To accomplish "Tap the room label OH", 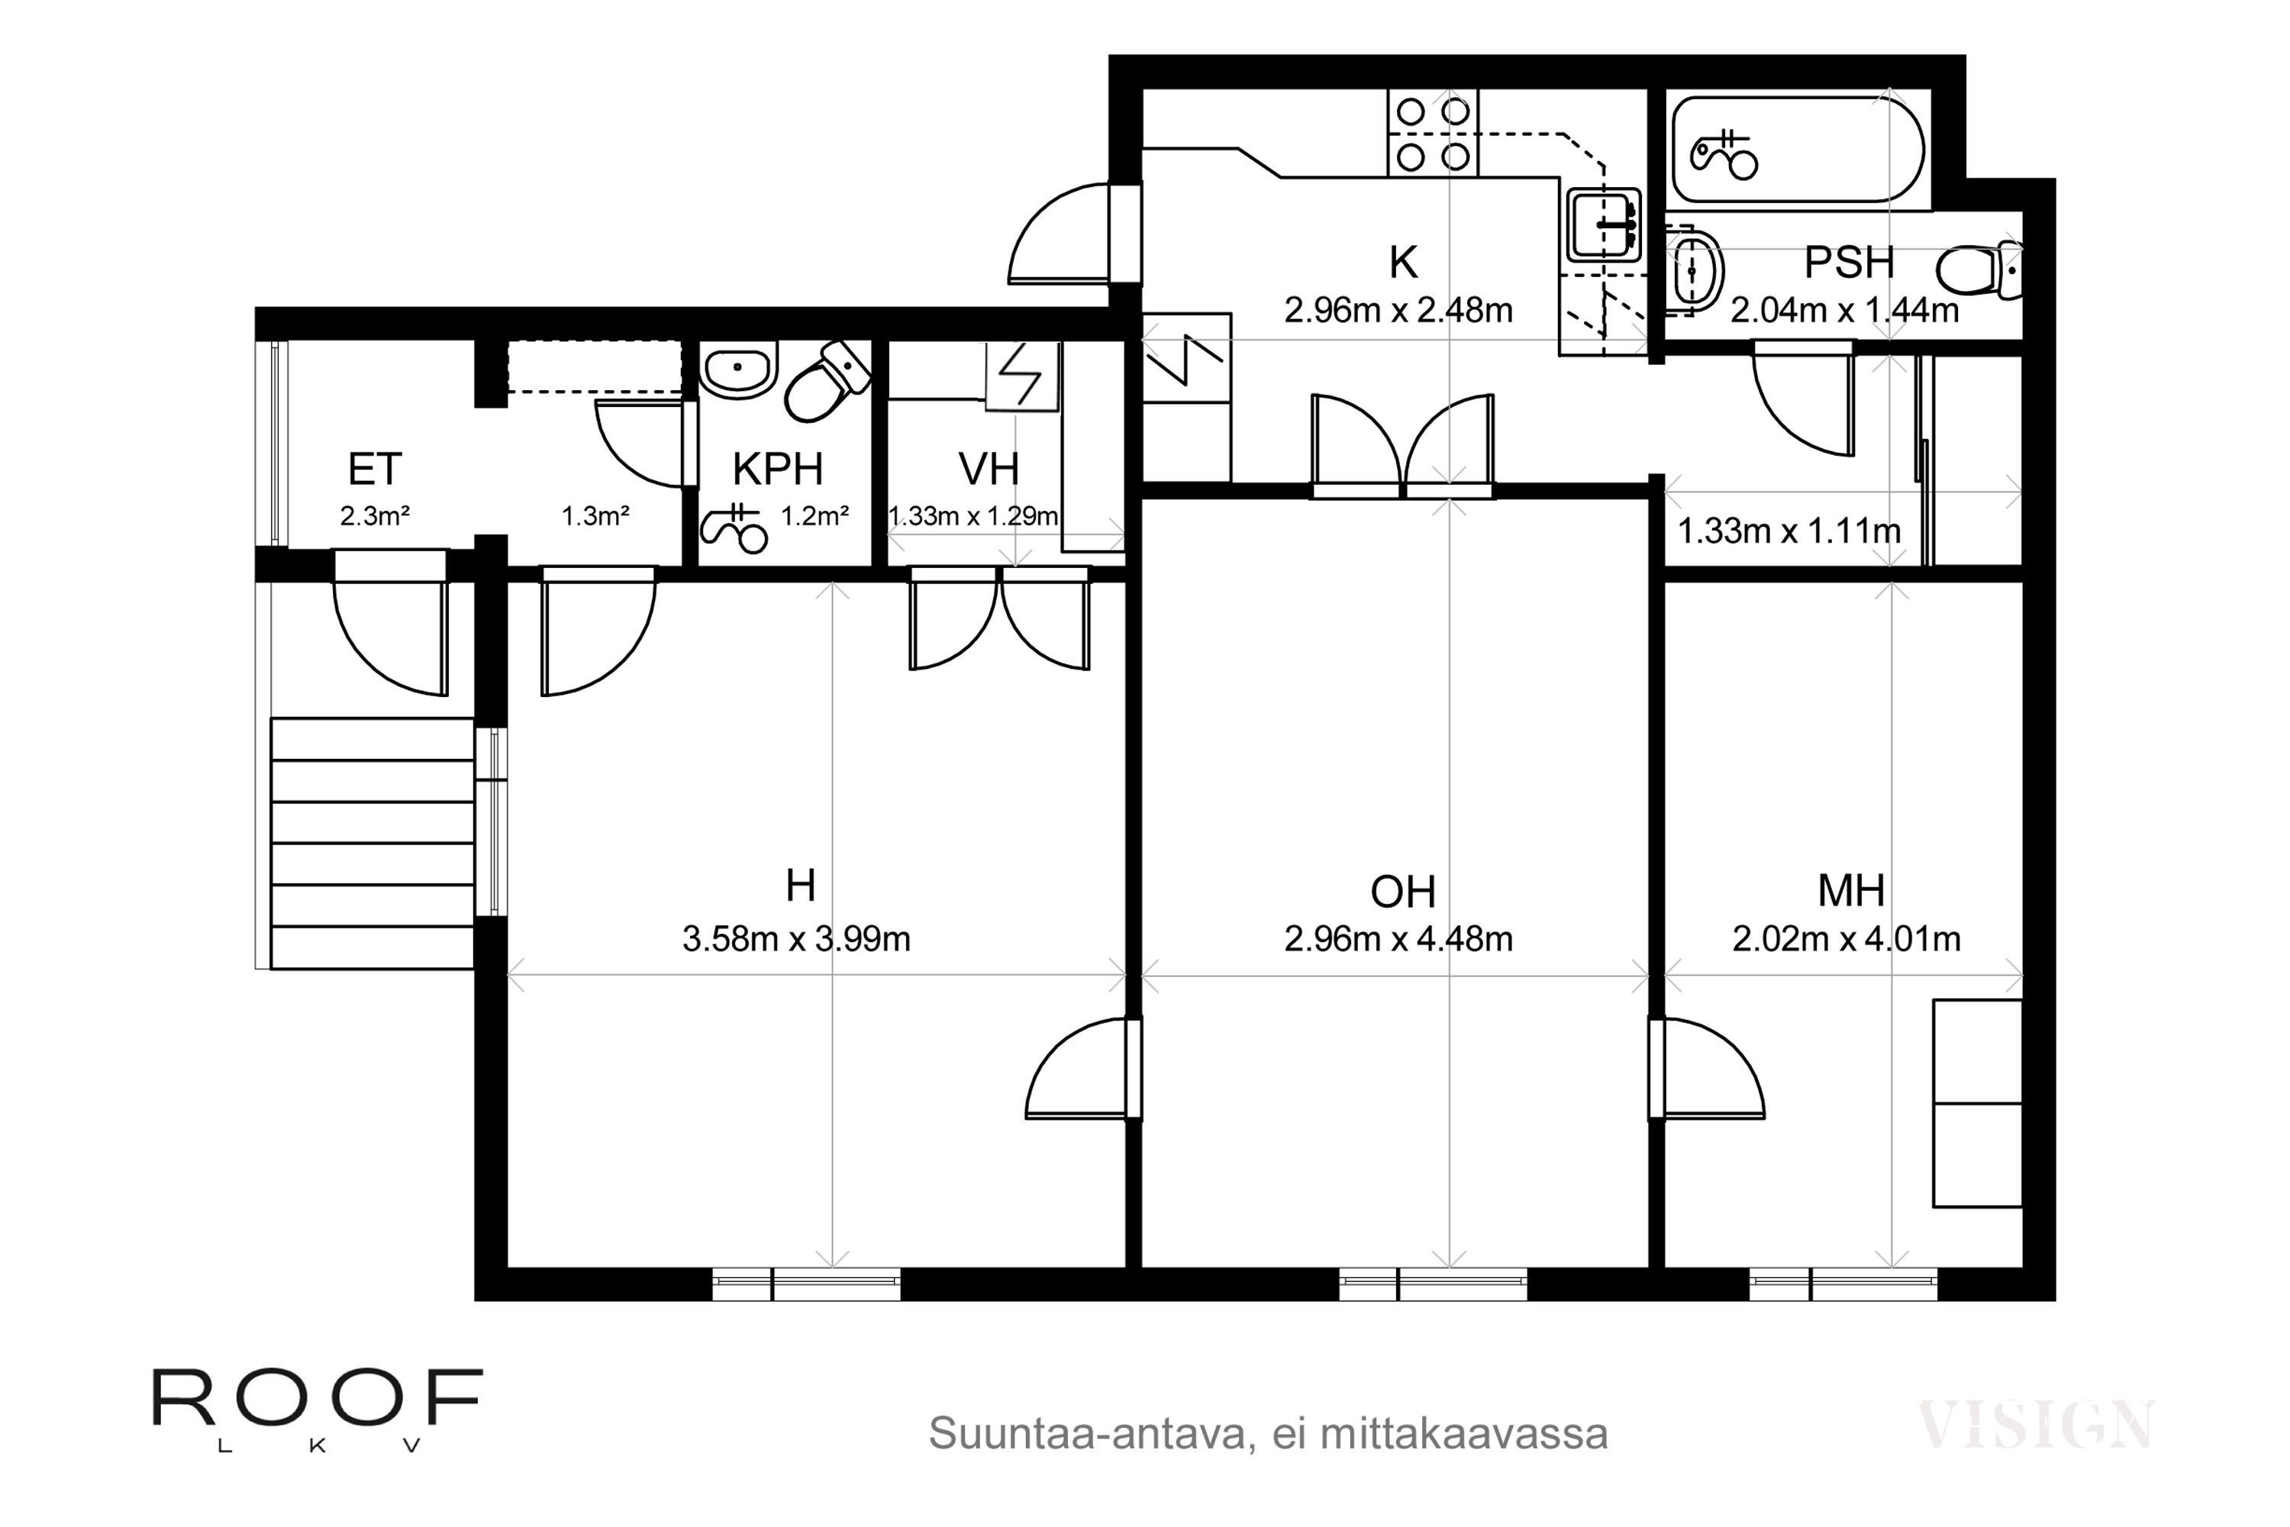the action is click(1402, 891).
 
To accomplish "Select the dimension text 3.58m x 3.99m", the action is click(796, 940).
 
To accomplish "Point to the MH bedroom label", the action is click(1851, 890).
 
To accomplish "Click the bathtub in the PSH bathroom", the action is click(1798, 149).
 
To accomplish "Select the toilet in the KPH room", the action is click(827, 381).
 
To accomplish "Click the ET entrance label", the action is click(375, 470).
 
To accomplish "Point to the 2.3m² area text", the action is click(375, 516).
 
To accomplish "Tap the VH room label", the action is click(989, 470).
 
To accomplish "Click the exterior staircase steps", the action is click(372, 844).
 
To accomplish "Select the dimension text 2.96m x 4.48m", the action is click(1398, 940).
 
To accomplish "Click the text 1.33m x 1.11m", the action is click(1788, 531).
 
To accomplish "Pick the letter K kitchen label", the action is click(1403, 262).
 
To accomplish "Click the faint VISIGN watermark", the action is click(2036, 1425).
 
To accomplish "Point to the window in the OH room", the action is click(1434, 1284).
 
